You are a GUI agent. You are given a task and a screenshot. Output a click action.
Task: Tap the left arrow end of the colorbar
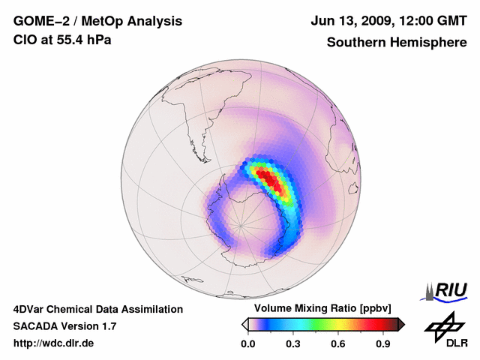point(244,324)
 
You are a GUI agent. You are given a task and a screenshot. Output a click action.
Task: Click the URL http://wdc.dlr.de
point(54,343)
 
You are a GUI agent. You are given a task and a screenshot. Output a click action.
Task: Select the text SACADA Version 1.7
point(64,326)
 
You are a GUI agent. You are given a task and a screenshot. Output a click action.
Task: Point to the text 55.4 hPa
point(84,40)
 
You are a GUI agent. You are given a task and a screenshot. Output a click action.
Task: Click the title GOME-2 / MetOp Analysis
point(87,21)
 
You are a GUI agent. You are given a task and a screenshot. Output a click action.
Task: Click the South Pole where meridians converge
point(241,224)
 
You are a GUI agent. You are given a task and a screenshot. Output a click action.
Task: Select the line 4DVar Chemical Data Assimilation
point(98,309)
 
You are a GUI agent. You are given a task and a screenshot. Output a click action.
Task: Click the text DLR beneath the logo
point(457,343)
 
